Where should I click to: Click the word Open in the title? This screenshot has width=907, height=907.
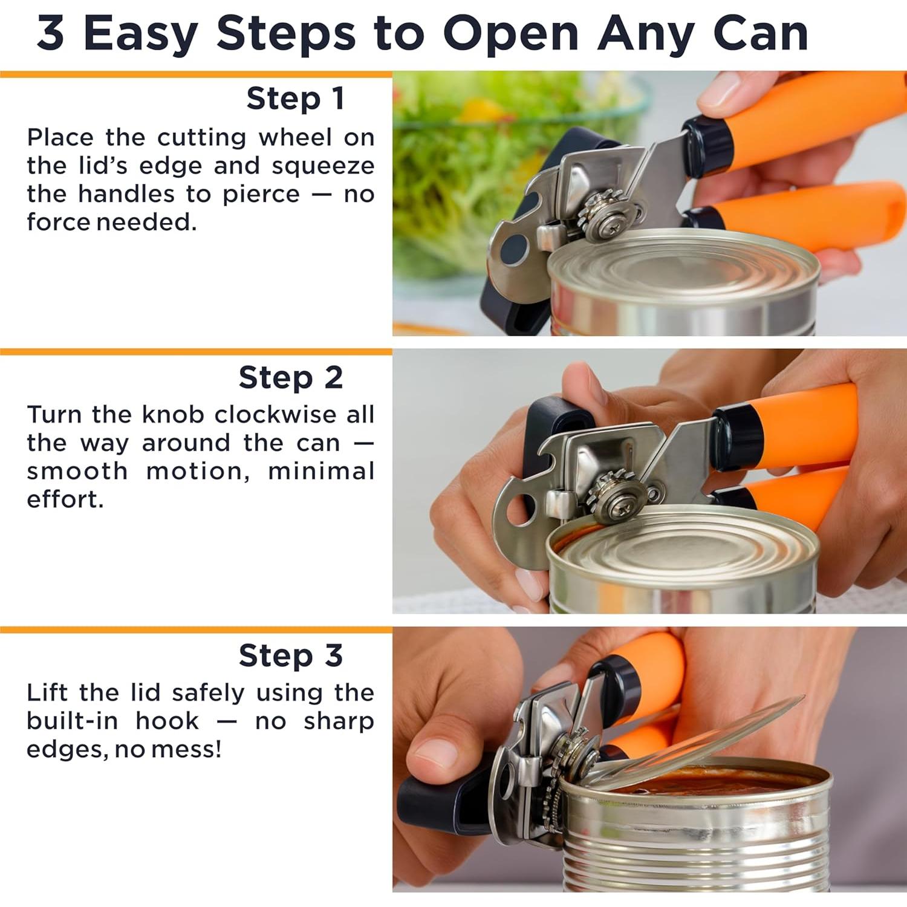tap(511, 34)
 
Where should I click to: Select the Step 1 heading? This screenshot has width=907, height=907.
tap(295, 99)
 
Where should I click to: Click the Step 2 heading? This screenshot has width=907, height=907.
tap(290, 378)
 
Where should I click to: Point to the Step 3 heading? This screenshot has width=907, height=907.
tap(290, 656)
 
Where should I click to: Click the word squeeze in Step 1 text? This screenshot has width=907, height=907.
tap(323, 166)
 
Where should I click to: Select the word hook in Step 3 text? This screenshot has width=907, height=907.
tap(167, 721)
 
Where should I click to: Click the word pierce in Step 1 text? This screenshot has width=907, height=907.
tap(261, 194)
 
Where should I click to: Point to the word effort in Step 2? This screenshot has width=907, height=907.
tap(65, 499)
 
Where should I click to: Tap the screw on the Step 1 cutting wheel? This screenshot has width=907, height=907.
tap(613, 228)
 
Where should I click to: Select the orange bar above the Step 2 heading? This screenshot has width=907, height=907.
tap(196, 351)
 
